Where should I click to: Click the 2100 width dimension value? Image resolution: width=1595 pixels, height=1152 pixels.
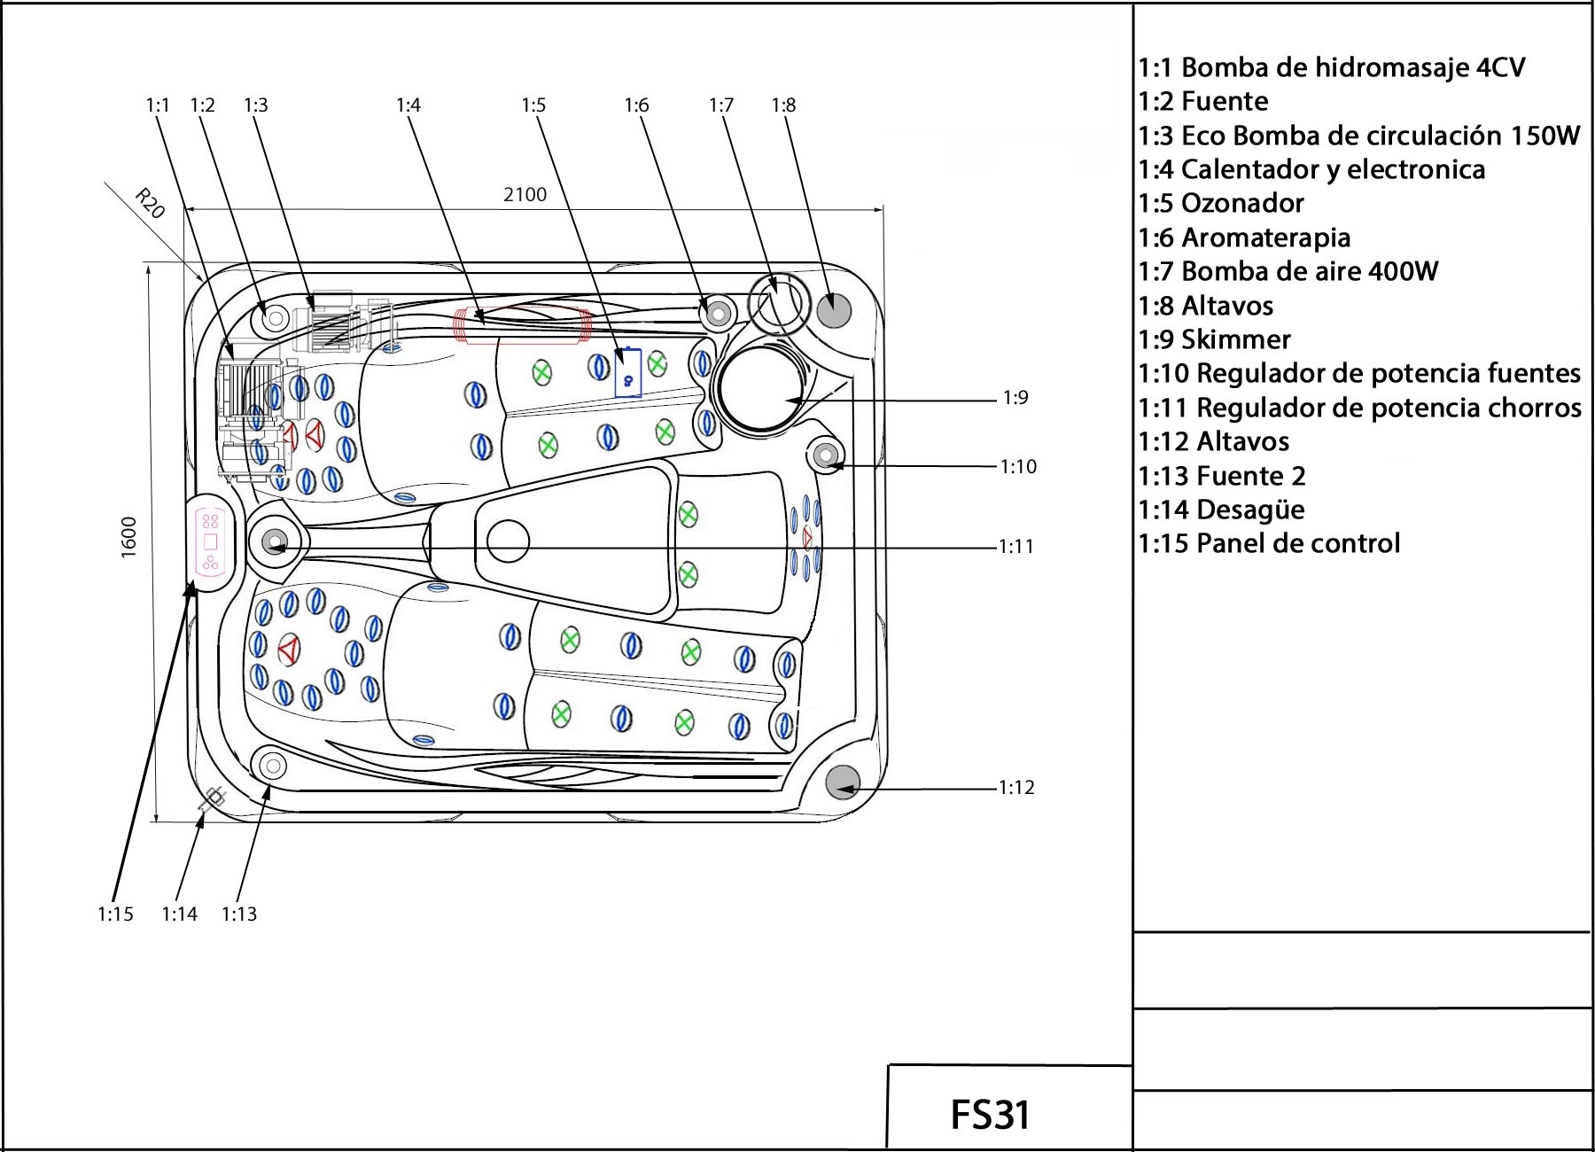point(525,194)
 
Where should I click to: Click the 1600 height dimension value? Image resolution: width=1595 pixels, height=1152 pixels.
point(129,537)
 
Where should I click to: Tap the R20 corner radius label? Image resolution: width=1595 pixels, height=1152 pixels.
point(150,204)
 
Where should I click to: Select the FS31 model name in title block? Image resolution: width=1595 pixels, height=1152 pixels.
point(990,1114)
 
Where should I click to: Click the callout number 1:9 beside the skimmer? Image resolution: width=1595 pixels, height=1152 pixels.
point(1015,398)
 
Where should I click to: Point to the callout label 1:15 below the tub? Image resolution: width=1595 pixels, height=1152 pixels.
point(115,914)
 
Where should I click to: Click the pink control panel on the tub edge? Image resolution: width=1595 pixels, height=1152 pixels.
point(211,541)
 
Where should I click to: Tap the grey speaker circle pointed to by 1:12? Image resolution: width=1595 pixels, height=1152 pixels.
point(843,782)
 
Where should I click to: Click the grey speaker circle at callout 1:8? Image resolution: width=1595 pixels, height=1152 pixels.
point(833,309)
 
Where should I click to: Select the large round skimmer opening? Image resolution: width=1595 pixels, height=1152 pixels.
point(760,389)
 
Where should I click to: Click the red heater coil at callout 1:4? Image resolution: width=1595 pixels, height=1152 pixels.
point(522,324)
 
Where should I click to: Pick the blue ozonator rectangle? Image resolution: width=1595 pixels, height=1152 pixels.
point(628,372)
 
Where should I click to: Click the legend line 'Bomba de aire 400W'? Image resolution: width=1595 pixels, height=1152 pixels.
point(1288,271)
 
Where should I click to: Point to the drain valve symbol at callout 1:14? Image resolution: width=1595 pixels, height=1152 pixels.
point(212,799)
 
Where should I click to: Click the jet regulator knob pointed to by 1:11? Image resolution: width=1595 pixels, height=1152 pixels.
point(273,541)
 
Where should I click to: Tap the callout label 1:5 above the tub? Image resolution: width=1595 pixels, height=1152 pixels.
point(533,105)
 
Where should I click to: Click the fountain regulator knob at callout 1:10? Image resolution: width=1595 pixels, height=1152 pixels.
point(825,456)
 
